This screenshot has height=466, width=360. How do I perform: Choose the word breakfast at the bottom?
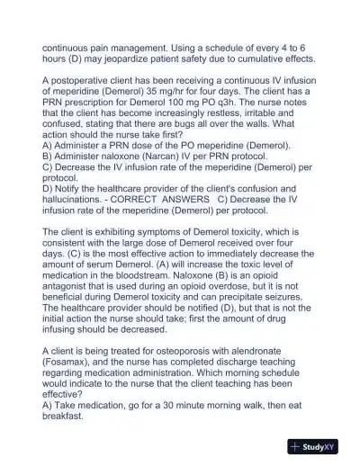pyautogui.click(x=65, y=416)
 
